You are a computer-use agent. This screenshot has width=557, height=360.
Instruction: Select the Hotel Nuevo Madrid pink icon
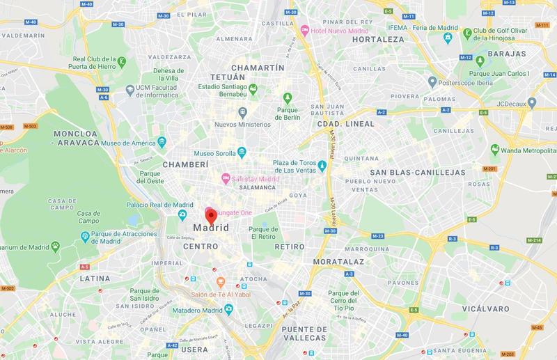tap(304, 31)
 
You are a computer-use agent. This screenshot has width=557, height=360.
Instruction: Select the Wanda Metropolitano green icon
tap(494, 148)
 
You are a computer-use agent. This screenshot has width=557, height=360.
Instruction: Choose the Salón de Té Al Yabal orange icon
tap(220, 281)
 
